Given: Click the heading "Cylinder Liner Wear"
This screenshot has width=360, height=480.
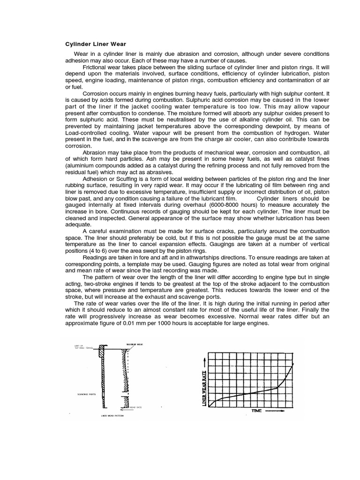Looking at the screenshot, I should click(95, 44).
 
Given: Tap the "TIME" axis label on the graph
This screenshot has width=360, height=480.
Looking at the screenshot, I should click(256, 411).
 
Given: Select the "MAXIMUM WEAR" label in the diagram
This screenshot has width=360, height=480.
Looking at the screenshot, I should click(134, 345).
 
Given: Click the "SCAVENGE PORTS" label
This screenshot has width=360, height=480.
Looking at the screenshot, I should click(87, 394).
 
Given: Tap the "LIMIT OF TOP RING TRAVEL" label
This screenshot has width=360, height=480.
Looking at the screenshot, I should click(83, 347).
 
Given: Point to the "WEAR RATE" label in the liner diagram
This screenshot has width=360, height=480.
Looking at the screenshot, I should click(136, 407).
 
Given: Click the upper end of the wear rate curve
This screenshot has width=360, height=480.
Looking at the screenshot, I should click(294, 363).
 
